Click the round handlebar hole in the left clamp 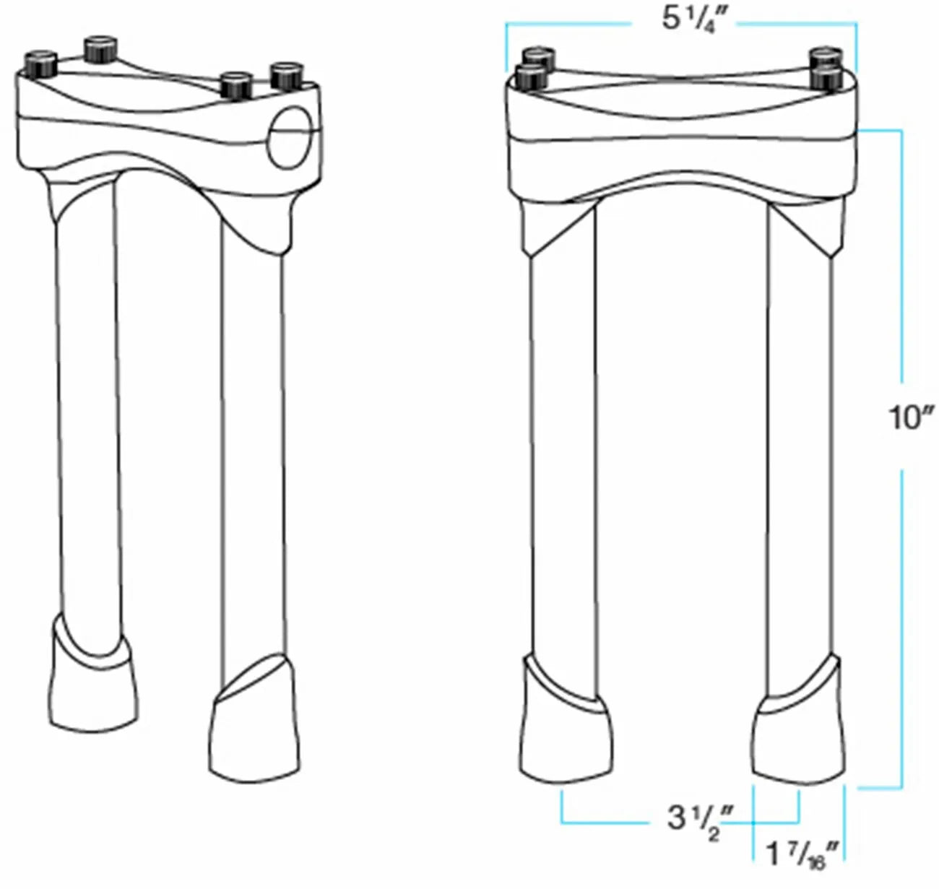coord(291,136)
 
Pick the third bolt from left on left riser coord(235,87)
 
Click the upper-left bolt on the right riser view coord(536,56)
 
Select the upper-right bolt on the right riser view coord(825,56)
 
